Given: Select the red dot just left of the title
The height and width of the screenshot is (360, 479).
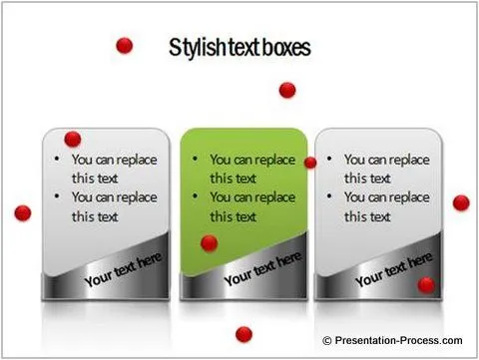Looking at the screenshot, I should pos(125,45).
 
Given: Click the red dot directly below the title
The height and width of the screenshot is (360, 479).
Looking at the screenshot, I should pos(287,90).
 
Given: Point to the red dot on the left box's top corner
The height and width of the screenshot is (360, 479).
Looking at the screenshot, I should pos(72,139).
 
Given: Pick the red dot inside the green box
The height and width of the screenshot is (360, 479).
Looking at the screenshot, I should pos(209,242).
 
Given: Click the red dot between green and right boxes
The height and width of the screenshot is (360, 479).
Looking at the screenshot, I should pos(310,163).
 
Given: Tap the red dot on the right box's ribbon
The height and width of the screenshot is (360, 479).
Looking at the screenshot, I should pos(426,285).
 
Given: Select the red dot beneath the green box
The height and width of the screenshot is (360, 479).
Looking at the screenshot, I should pos(243,334).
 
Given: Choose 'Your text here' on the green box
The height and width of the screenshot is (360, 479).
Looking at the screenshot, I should pos(261,269).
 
